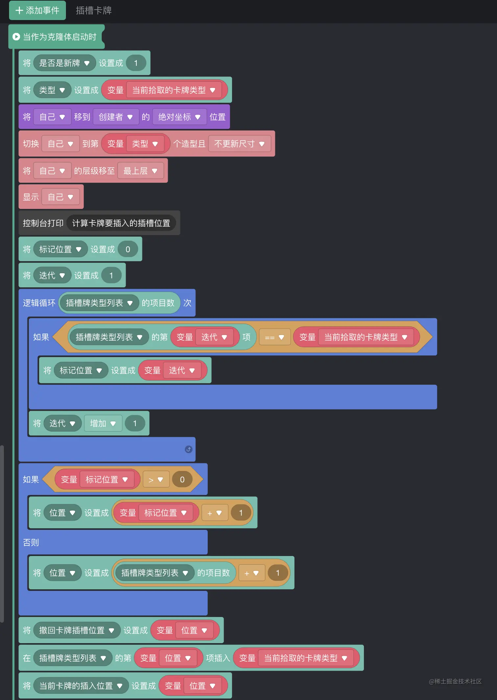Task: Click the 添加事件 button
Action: [37, 11]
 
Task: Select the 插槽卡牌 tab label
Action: [94, 11]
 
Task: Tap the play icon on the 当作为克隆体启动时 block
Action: [16, 37]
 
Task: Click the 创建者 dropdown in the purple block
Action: [115, 117]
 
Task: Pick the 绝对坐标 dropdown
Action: [179, 117]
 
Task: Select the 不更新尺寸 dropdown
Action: [239, 144]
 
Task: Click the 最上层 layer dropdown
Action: [140, 171]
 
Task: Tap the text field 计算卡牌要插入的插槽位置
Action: [121, 223]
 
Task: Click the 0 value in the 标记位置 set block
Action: [128, 249]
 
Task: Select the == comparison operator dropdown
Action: [274, 337]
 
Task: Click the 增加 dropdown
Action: [103, 423]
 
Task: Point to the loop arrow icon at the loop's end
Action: [188, 449]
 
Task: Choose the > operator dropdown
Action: [156, 480]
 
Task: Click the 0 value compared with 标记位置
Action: [182, 480]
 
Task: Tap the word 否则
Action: [31, 542]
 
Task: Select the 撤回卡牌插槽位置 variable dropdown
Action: [77, 630]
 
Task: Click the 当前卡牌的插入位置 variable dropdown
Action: [81, 686]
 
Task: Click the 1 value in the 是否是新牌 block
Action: [136, 63]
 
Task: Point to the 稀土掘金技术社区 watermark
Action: [455, 682]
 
